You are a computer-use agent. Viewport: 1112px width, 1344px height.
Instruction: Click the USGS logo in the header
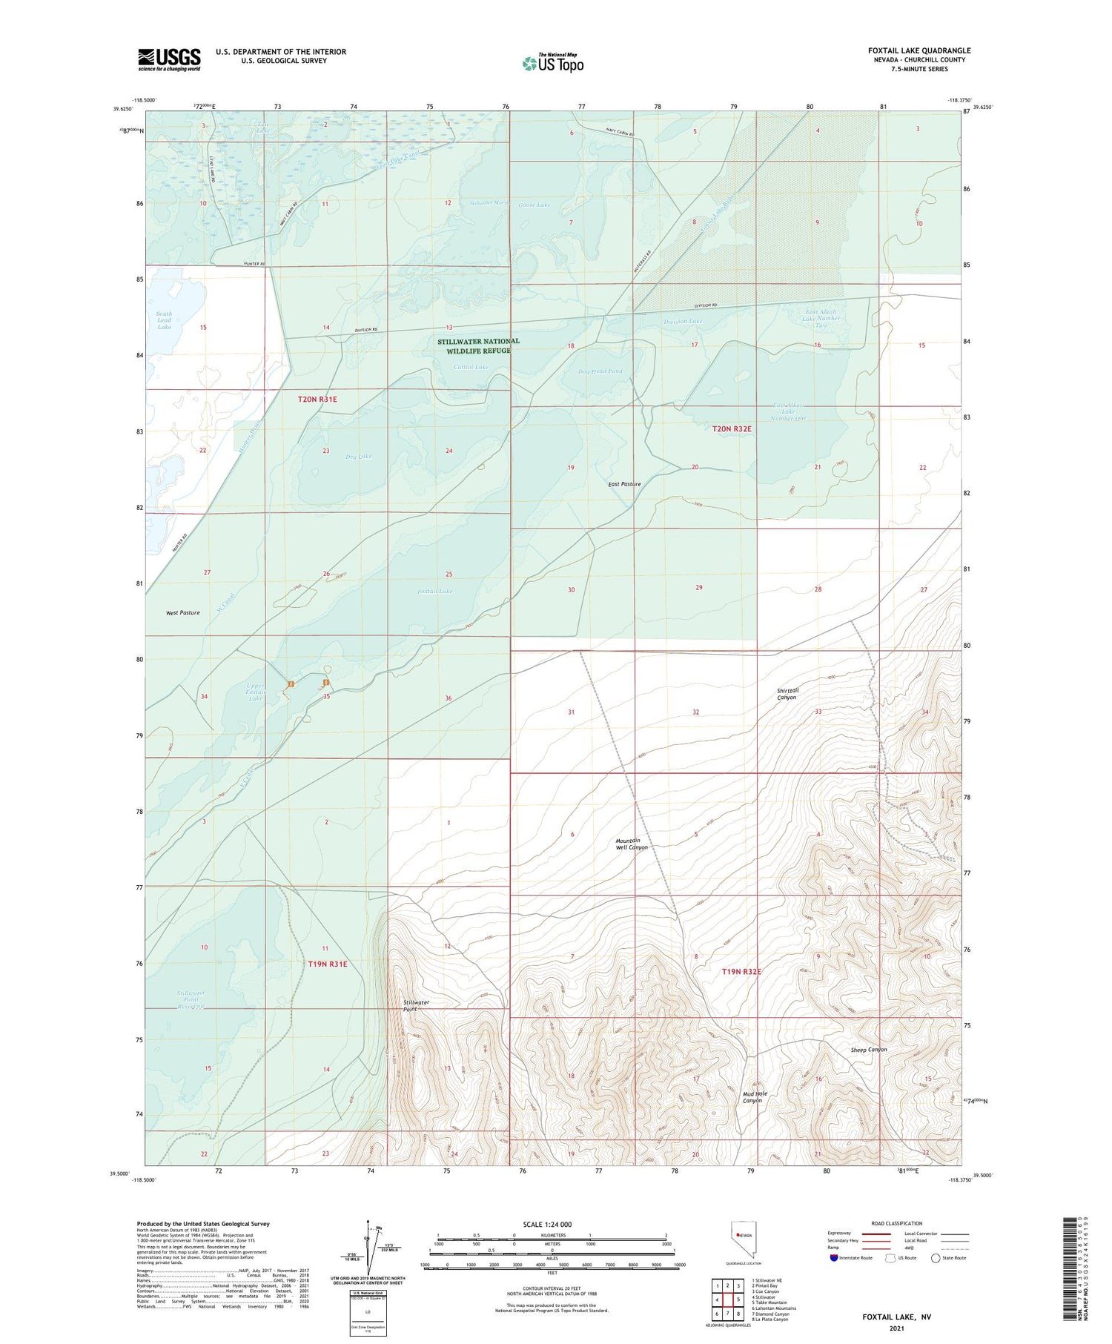169,59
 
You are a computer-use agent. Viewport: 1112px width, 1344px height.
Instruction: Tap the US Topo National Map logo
552,63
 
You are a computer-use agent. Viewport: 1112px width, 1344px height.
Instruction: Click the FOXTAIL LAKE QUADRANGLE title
919,50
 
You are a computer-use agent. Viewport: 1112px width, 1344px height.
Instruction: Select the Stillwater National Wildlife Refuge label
478,346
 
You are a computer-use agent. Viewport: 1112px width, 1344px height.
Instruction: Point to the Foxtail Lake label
434,592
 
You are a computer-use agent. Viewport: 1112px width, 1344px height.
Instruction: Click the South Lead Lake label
164,320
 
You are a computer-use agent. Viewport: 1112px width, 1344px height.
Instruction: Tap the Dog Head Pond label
600,371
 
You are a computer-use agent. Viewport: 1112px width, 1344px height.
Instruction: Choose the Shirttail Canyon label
787,694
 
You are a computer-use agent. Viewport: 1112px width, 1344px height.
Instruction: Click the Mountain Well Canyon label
632,844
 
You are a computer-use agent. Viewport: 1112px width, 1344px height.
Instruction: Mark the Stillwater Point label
416,1005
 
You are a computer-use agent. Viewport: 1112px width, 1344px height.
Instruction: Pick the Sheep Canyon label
869,1050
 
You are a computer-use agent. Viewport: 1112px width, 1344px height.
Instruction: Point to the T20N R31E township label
317,400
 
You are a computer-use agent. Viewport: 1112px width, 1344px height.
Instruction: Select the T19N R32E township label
741,971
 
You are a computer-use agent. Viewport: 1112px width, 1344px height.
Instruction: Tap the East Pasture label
624,484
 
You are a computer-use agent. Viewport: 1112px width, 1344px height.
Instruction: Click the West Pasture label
182,613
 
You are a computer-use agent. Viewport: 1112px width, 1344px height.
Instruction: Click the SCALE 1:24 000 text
547,1225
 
